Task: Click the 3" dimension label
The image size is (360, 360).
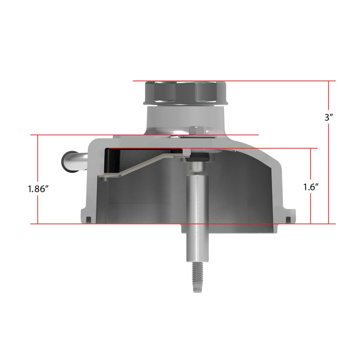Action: [x=328, y=117]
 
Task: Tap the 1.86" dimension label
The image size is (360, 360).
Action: [x=38, y=189]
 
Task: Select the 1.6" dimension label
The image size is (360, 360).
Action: [x=311, y=187]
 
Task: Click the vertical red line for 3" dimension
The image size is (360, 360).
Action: [x=329, y=152]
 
